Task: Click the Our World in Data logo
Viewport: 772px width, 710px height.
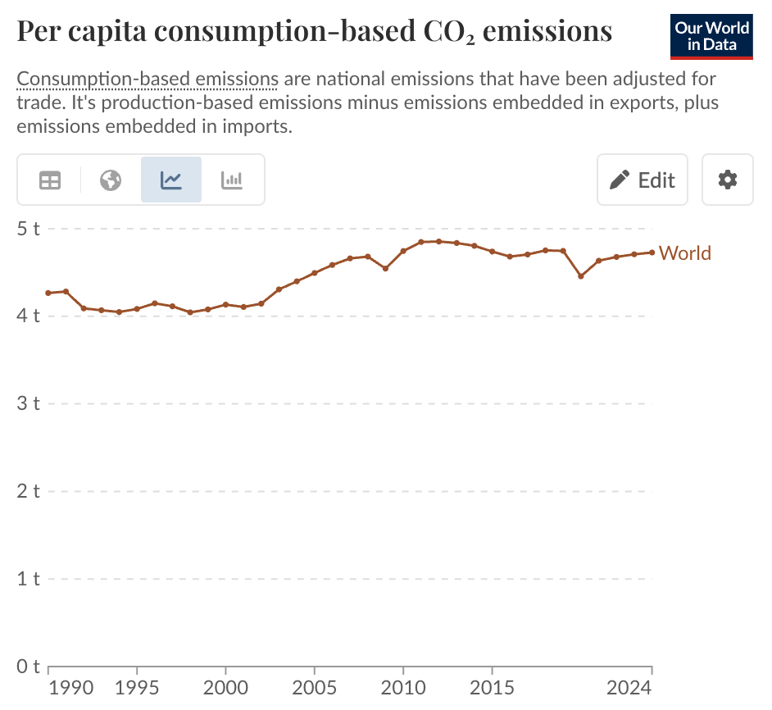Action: [711, 36]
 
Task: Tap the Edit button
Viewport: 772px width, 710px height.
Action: [642, 180]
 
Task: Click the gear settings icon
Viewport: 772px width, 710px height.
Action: [728, 180]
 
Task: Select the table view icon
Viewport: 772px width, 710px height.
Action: [50, 180]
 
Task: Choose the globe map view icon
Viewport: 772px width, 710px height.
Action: [111, 180]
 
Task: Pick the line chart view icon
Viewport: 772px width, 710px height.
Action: [171, 180]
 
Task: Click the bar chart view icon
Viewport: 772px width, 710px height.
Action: [232, 180]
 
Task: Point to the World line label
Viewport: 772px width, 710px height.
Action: [685, 253]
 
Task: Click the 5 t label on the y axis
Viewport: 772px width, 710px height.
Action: [29, 228]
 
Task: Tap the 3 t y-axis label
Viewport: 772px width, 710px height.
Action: [29, 403]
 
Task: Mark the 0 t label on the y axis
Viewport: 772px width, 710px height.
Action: [29, 667]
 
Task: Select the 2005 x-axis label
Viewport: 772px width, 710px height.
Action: [315, 686]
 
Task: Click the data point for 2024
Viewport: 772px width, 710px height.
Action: [652, 253]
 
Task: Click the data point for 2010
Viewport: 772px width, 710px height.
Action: [403, 251]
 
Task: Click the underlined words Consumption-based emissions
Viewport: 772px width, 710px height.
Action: [148, 80]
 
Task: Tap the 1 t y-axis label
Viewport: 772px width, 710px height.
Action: [29, 579]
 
